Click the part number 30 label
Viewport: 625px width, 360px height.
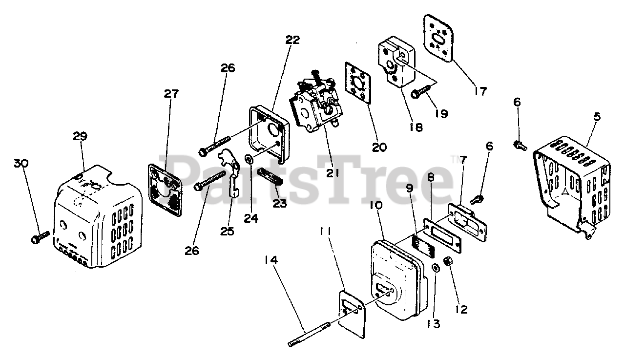pyautogui.click(x=21, y=163)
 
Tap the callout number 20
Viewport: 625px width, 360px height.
pyautogui.click(x=379, y=147)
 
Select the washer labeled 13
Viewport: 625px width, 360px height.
pyautogui.click(x=435, y=268)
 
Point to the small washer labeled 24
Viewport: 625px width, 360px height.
pyautogui.click(x=249, y=160)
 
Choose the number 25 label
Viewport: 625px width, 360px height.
pyautogui.click(x=227, y=231)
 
